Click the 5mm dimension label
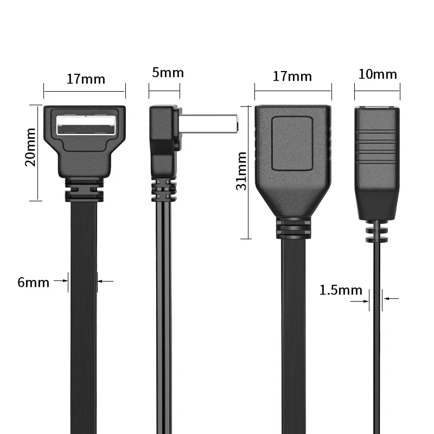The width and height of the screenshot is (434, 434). pos(168,73)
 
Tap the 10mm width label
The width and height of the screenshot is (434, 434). pos(378,74)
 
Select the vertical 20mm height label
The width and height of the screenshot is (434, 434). pos(30,146)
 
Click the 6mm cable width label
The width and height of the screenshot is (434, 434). pos(33,283)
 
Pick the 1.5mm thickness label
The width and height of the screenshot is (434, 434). pos(340,290)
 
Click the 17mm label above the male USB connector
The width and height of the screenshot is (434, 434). pos(86,79)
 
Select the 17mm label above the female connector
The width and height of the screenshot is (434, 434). pos(292,76)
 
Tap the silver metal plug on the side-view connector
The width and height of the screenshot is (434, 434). pos(209,123)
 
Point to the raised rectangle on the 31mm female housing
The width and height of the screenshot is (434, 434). pos(292,139)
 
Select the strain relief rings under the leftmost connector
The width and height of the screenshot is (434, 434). pos(84,192)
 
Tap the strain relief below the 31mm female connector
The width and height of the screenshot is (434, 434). pos(292,230)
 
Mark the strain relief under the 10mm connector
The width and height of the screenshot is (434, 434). pos(378,232)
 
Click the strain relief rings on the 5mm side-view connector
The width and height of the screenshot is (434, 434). pos(163,190)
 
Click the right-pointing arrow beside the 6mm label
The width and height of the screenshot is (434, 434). pos(62,281)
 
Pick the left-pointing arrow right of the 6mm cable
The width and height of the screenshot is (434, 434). pos(105,281)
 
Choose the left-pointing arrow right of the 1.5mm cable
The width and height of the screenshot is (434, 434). pos(391,298)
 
